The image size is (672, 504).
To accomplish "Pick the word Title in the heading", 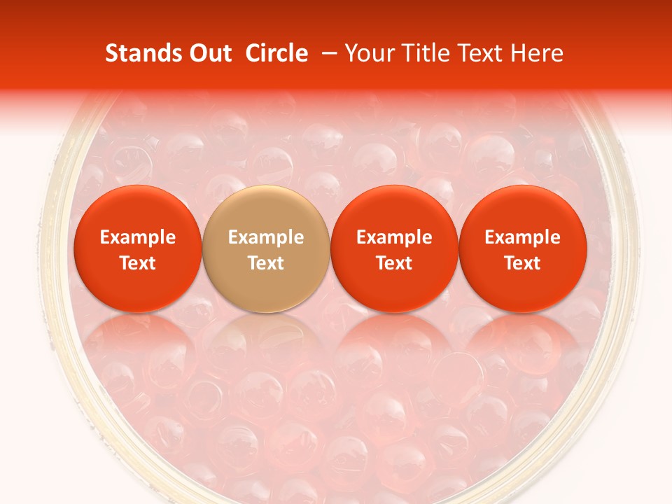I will [x=425, y=54].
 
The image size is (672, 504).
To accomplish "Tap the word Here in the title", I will [x=538, y=54].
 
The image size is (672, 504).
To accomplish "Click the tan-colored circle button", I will [x=266, y=248].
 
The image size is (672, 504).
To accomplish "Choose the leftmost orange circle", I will [x=138, y=248].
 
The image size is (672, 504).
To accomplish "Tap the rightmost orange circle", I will [x=523, y=248].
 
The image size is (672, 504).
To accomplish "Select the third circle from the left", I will [x=394, y=248].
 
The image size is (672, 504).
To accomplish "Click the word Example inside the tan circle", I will [x=266, y=237].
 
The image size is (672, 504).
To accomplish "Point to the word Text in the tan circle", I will [x=266, y=263].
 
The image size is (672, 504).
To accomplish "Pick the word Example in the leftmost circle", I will [x=138, y=237].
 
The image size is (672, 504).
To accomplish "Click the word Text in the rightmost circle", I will [x=523, y=263].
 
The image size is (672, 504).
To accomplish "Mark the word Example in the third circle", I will [x=394, y=237].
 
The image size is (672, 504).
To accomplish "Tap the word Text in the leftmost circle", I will [x=138, y=263].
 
